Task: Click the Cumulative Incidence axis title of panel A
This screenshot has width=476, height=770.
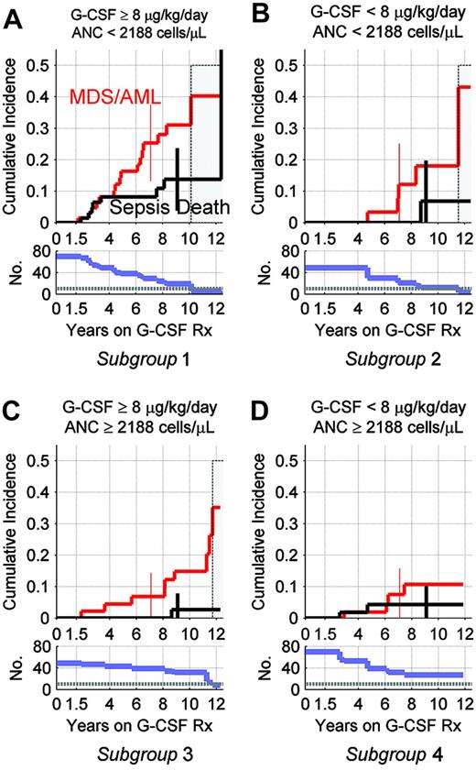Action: [12, 140]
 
